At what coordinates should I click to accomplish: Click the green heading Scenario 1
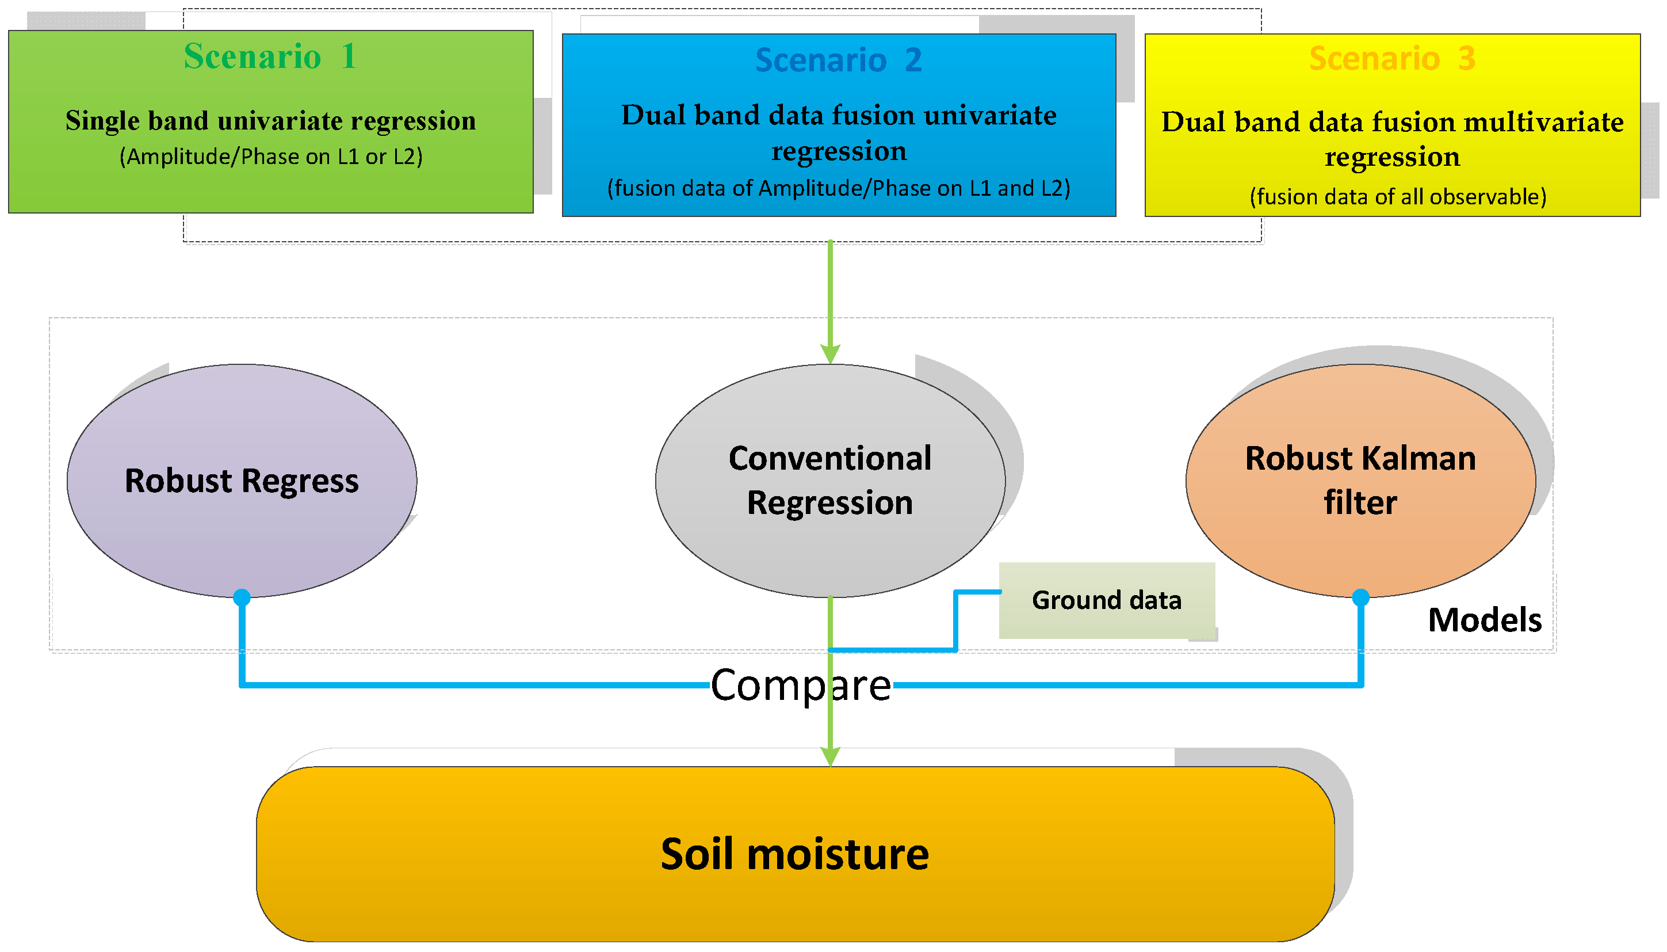click(270, 56)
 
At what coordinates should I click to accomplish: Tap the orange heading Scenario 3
click(1391, 58)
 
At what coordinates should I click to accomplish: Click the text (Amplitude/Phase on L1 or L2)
click(270, 157)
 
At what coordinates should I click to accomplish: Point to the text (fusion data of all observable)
click(1397, 196)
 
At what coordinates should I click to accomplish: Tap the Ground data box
click(1106, 600)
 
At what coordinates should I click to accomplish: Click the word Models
click(1484, 619)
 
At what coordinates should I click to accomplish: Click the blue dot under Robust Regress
click(241, 597)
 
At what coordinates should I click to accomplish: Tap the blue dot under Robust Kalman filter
click(1360, 597)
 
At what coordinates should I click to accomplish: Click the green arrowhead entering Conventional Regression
click(829, 355)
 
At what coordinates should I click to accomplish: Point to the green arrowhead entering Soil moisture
click(829, 757)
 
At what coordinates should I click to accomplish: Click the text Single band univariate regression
click(270, 121)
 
